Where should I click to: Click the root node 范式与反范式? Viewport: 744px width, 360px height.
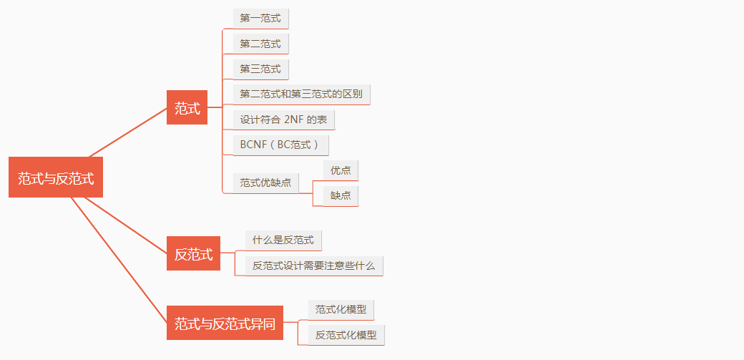point(56,177)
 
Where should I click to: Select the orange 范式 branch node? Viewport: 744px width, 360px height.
point(187,108)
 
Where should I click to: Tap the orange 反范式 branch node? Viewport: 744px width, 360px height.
point(193,253)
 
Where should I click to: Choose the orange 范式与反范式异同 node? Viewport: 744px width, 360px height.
point(225,323)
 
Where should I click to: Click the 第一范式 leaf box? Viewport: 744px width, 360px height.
point(260,18)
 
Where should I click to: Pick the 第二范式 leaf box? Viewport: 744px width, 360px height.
point(260,44)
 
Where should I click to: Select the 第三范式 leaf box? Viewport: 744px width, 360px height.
point(260,69)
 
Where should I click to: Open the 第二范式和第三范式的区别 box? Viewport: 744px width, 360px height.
point(301,94)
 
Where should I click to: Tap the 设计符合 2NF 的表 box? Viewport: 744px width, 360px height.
point(283,120)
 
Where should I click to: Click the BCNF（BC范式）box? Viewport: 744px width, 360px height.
point(280,145)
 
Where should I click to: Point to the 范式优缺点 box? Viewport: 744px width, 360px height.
point(265,183)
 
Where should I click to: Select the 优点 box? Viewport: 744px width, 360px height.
point(341,170)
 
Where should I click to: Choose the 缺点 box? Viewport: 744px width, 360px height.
point(341,195)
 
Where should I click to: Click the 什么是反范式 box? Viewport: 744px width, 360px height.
point(283,240)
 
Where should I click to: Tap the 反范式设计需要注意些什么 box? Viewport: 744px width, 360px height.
point(313,266)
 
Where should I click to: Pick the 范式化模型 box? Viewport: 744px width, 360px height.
point(341,309)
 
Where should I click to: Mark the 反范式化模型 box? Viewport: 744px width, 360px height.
point(346,334)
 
